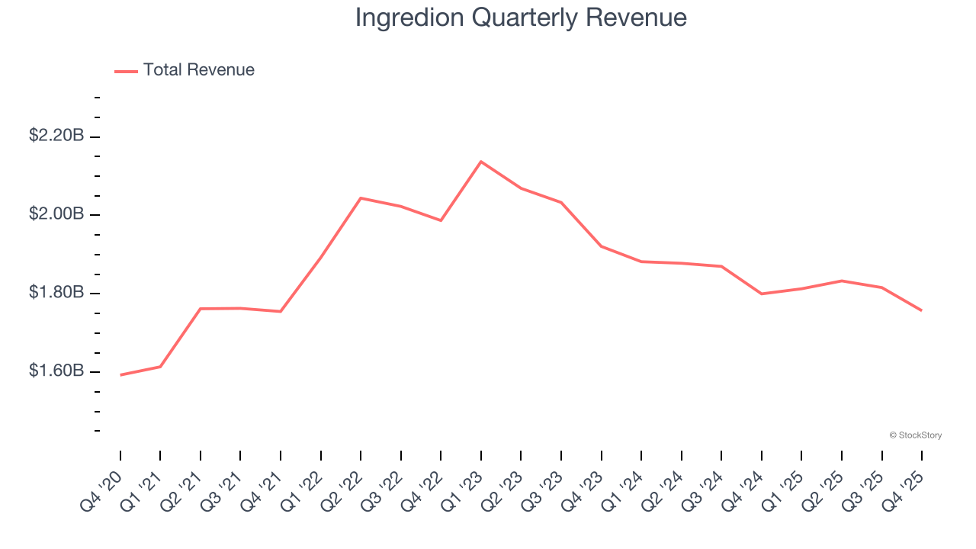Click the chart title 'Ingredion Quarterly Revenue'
point(521,18)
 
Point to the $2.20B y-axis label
point(56,136)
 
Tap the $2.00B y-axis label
point(56,214)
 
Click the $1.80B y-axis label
point(56,293)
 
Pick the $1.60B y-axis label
point(56,371)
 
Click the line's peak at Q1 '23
point(481,162)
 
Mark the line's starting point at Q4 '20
point(120,375)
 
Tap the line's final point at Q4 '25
point(922,310)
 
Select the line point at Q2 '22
point(361,198)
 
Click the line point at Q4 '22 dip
point(441,220)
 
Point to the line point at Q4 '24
point(762,294)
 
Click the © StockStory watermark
point(915,435)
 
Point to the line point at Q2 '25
point(842,281)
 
